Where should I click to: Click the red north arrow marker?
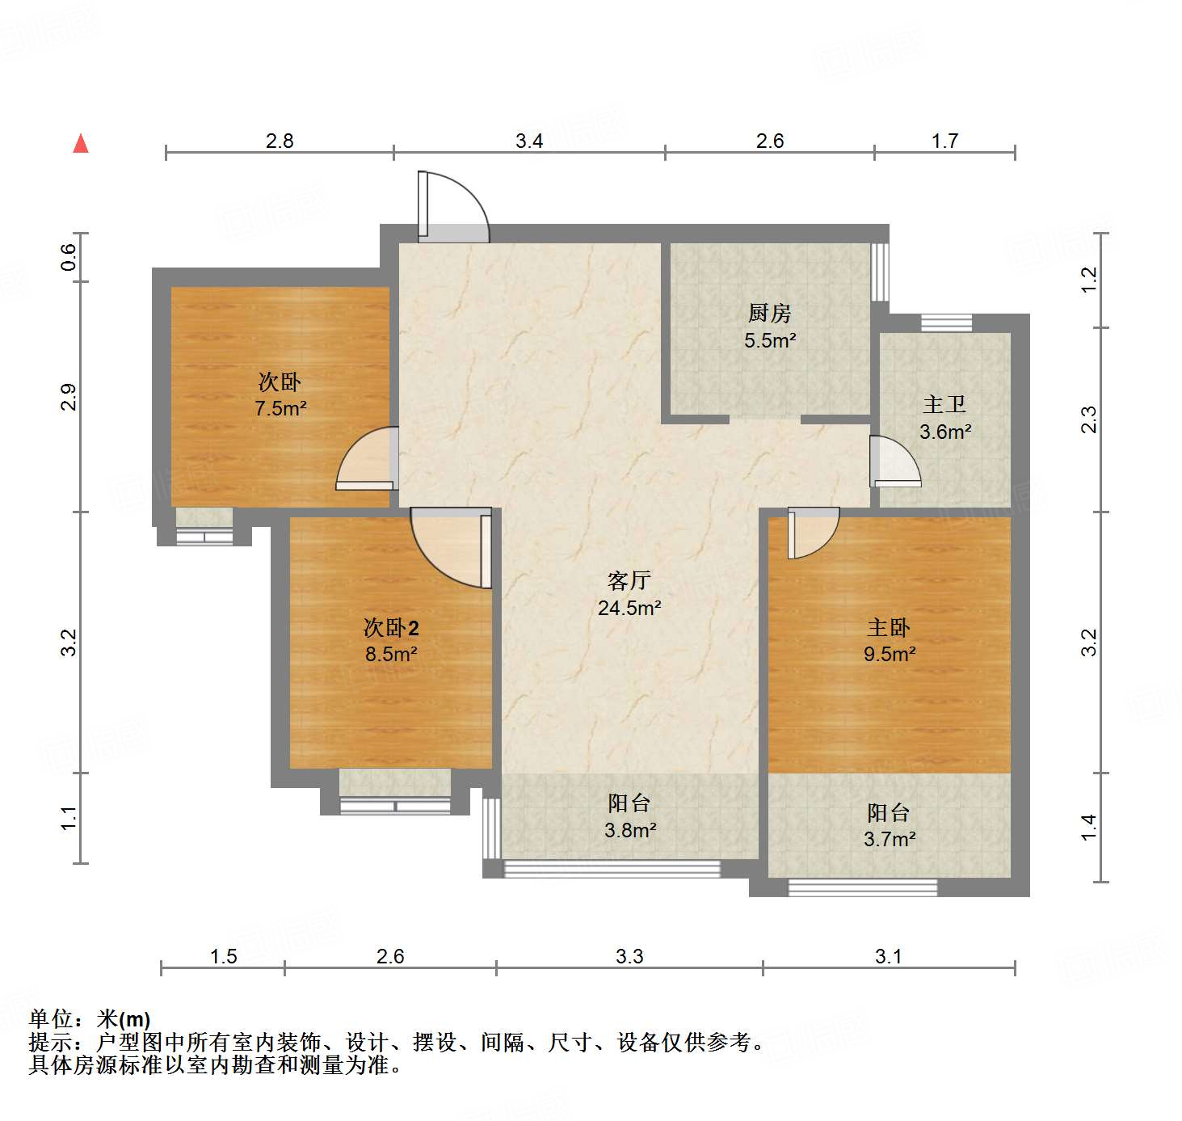click(81, 144)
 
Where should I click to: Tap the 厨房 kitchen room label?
click(769, 313)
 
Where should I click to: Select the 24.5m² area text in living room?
click(629, 608)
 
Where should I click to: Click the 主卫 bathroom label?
click(944, 404)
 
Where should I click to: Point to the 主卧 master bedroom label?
click(889, 627)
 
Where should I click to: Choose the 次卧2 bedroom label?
click(391, 627)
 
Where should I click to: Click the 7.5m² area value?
click(280, 409)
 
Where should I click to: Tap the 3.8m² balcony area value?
click(630, 830)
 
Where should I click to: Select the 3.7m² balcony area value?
click(889, 840)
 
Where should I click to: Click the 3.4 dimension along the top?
click(529, 141)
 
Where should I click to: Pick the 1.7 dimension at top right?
click(944, 141)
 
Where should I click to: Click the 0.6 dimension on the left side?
click(69, 257)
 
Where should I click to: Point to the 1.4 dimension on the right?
click(1089, 827)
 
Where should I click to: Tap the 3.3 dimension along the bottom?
click(629, 957)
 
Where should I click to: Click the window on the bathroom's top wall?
click(946, 323)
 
